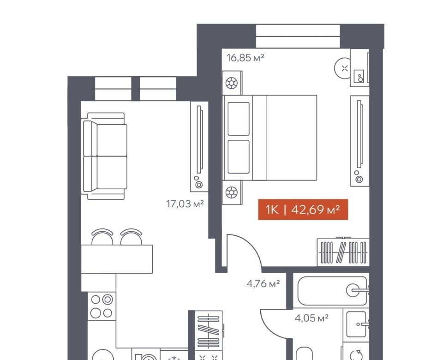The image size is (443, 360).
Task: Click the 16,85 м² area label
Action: point(245,58)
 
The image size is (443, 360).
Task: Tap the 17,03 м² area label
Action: point(185,204)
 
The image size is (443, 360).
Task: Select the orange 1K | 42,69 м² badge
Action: point(303,210)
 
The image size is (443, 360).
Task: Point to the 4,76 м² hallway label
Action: point(263,283)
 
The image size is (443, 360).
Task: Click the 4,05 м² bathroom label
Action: point(311,318)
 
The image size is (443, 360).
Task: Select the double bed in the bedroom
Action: point(270,138)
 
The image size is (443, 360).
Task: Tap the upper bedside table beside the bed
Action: point(232,83)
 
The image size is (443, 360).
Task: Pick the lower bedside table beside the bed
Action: point(232,193)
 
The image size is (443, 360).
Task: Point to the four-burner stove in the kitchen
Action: point(102,306)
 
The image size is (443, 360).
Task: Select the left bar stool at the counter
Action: point(102,237)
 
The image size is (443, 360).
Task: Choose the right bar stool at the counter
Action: point(131,237)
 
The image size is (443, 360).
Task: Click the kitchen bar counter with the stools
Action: point(117,259)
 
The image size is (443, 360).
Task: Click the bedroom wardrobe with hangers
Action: point(343,252)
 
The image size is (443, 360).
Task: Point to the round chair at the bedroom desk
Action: point(342,68)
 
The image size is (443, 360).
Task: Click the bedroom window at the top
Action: point(298,36)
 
